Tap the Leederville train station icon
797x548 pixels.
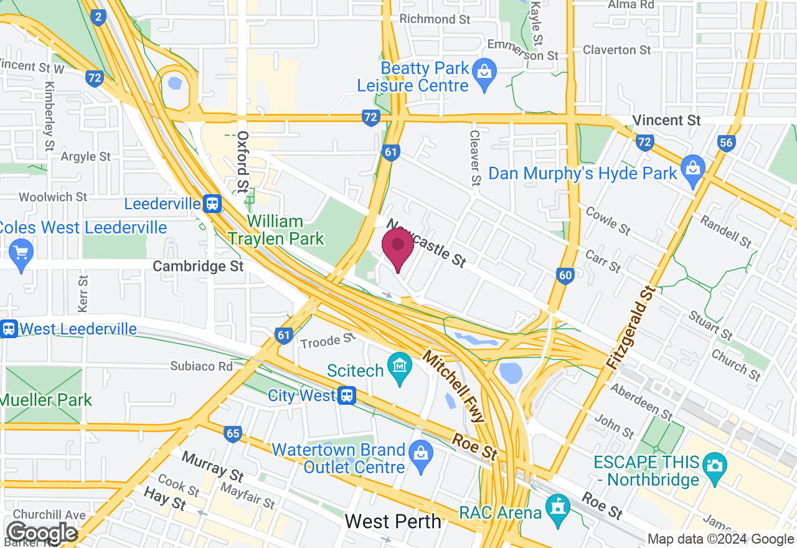pos(212,204)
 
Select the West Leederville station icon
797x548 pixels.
pos(9,329)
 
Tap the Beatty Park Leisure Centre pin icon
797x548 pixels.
pos(484,73)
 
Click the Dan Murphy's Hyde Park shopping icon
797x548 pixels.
pos(692,169)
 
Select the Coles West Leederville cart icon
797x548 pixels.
pos(21,253)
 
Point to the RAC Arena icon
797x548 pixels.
pos(557,506)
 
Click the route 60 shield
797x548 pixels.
pos(565,276)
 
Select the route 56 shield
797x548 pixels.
pos(726,143)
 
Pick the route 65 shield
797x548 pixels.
pos(233,434)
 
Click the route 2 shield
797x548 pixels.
pos(97,17)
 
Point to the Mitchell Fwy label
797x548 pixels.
pos(453,386)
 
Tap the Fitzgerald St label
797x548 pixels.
pos(631,328)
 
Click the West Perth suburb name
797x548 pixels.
pos(393,521)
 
